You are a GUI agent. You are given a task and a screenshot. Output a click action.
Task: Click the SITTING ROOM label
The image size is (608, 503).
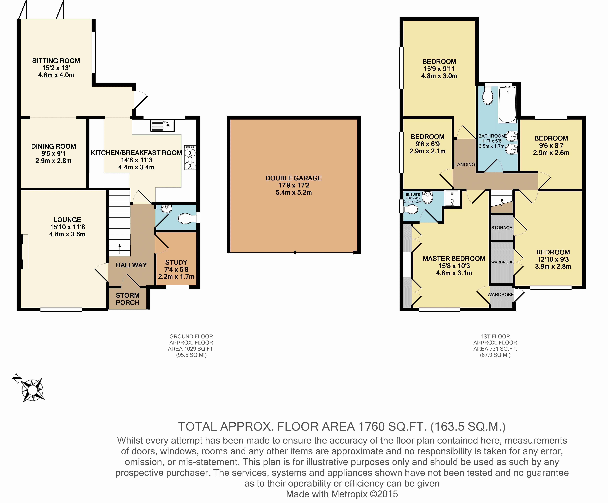56,61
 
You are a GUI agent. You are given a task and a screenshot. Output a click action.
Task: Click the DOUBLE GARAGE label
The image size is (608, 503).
294,178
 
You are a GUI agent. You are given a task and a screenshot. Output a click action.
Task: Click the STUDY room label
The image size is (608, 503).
176,262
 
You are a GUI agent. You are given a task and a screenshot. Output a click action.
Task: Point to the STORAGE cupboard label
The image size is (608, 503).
502,228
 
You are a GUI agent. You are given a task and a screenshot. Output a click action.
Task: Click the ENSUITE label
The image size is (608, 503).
413,195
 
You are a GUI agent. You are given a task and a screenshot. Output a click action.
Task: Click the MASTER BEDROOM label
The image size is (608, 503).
454,259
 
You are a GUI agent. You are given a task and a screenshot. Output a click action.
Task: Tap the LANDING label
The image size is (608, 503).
465,165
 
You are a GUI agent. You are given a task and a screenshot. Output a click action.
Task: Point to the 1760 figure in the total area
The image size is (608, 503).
371,427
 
